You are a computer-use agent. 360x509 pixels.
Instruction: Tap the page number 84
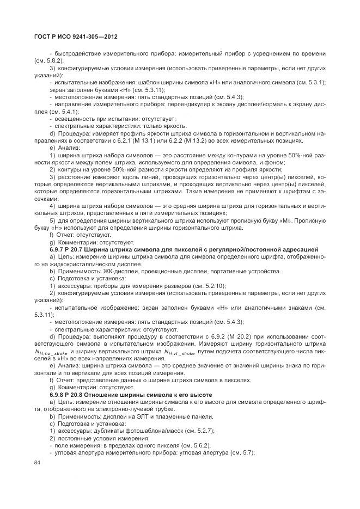pos(38,463)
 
